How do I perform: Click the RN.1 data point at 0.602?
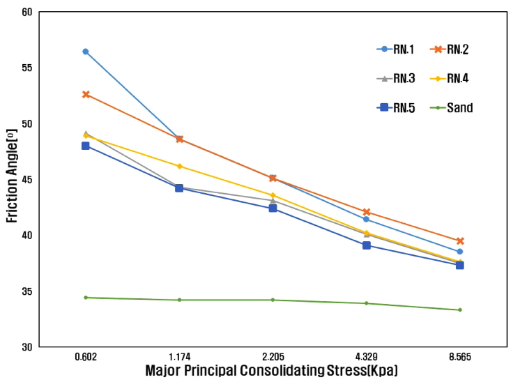pos(86,52)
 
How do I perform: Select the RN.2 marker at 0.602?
pos(86,94)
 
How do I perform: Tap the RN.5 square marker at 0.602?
pos(86,146)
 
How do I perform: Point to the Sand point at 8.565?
pos(460,310)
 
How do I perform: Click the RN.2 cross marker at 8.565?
pos(460,240)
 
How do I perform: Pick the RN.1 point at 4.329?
pos(367,219)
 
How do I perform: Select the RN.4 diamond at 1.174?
pos(179,166)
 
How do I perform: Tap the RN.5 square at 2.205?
pos(273,208)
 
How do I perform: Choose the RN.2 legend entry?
pos(450,49)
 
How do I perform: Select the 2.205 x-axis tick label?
pos(273,357)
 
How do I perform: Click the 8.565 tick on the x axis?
pos(460,357)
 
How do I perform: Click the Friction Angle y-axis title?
pos(13,180)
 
